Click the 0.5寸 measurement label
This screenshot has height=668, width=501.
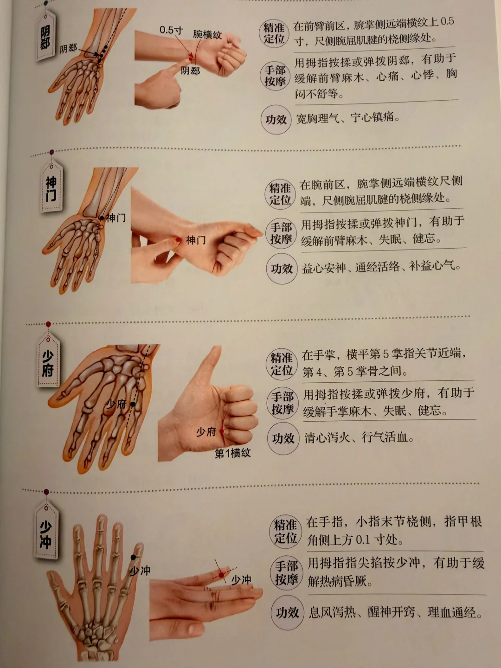pyautogui.click(x=171, y=30)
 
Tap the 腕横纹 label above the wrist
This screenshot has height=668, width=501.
pyautogui.click(x=207, y=34)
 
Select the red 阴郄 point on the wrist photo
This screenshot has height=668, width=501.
pyautogui.click(x=191, y=58)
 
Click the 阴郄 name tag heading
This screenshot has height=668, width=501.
pyautogui.click(x=45, y=38)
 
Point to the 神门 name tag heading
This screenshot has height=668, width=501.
pyautogui.click(x=51, y=188)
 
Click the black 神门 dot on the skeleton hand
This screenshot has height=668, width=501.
pyautogui.click(x=102, y=218)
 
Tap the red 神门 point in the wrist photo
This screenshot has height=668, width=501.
pyautogui.click(x=179, y=240)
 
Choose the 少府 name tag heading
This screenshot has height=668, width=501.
pyautogui.click(x=48, y=363)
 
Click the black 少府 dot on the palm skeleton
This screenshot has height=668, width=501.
pyautogui.click(x=133, y=404)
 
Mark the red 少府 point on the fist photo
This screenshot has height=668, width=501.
pyautogui.click(x=222, y=431)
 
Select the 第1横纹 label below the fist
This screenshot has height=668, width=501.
pyautogui.click(x=233, y=453)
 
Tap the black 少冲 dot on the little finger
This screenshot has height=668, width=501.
pyautogui.click(x=133, y=557)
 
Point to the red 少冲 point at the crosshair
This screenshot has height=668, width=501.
pyautogui.click(x=221, y=575)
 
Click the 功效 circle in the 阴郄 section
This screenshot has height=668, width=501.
pyautogui.click(x=276, y=120)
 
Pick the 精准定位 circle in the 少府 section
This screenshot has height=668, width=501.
pyautogui.click(x=282, y=364)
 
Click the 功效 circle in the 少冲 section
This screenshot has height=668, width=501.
pyautogui.click(x=287, y=613)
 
